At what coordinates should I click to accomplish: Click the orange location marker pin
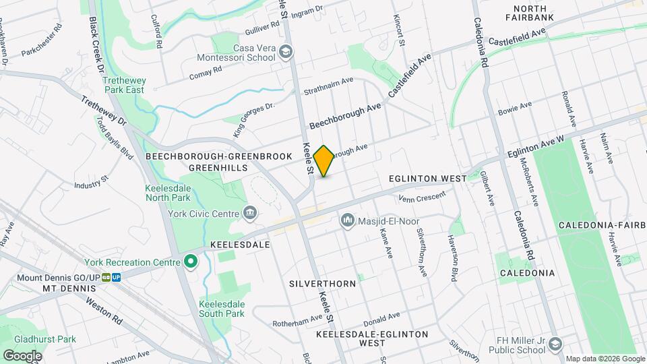[x=324, y=161]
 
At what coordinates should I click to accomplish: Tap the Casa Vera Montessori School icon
[x=286, y=52]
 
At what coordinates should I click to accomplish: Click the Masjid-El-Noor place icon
[x=348, y=219]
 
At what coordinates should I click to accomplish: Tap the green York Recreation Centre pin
[x=191, y=261]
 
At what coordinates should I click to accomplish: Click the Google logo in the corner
[x=22, y=355]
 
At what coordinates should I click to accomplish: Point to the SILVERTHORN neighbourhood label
[x=322, y=284]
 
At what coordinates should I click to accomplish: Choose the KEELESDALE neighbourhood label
[x=241, y=244]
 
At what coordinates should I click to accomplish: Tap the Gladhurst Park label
[x=38, y=339]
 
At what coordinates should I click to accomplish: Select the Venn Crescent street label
[x=422, y=196]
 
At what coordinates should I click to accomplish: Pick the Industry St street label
[x=92, y=182]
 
